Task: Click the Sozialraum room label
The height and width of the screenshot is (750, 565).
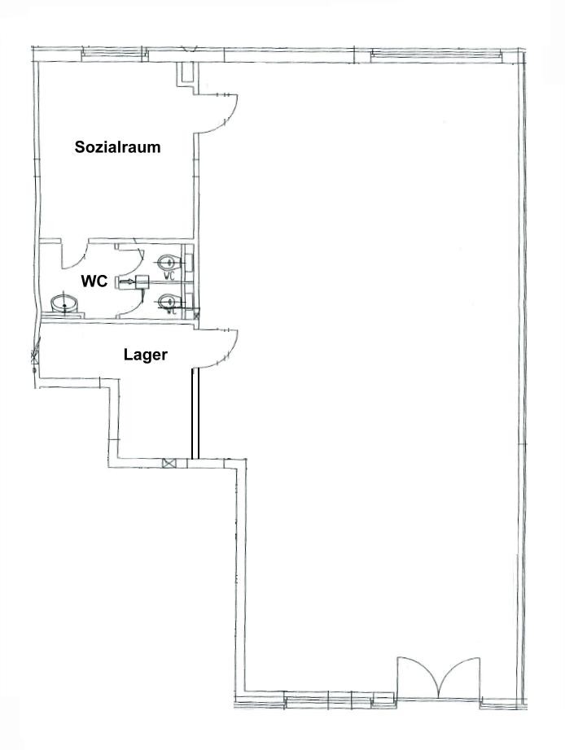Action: [117, 147]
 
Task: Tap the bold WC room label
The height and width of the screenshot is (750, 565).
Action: [94, 281]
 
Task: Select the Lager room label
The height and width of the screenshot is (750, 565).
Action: [146, 355]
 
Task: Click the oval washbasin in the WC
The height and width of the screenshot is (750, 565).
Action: [64, 303]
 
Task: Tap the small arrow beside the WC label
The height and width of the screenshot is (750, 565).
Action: [126, 281]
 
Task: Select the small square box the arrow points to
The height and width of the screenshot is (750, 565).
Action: [142, 281]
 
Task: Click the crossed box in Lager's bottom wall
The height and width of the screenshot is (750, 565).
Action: [169, 463]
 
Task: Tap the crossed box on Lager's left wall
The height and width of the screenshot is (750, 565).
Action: [34, 355]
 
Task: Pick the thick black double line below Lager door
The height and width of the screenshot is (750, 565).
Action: [195, 413]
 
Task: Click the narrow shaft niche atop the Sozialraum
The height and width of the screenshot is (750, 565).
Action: [186, 75]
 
